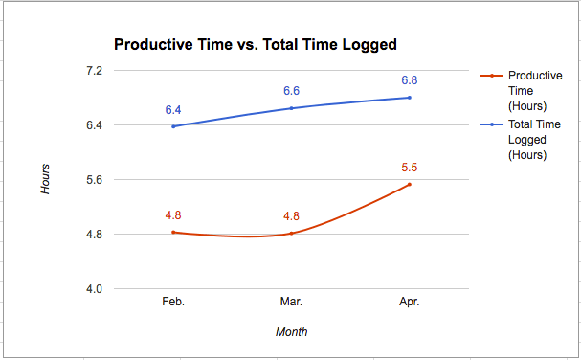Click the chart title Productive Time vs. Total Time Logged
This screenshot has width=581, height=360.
[256, 44]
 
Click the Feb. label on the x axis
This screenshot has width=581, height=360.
[173, 302]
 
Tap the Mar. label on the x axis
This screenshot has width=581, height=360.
[292, 302]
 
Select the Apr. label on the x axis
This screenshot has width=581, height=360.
[410, 302]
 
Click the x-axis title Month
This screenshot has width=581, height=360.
[292, 332]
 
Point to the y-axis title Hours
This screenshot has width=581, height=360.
[45, 179]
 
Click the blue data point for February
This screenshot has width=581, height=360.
[173, 126]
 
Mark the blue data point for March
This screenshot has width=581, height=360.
[292, 108]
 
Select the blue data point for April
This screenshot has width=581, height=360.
[410, 98]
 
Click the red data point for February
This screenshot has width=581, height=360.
[173, 232]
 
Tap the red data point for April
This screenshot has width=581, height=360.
[410, 185]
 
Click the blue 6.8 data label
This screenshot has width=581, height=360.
[410, 80]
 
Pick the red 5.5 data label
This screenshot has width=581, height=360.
[410, 168]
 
